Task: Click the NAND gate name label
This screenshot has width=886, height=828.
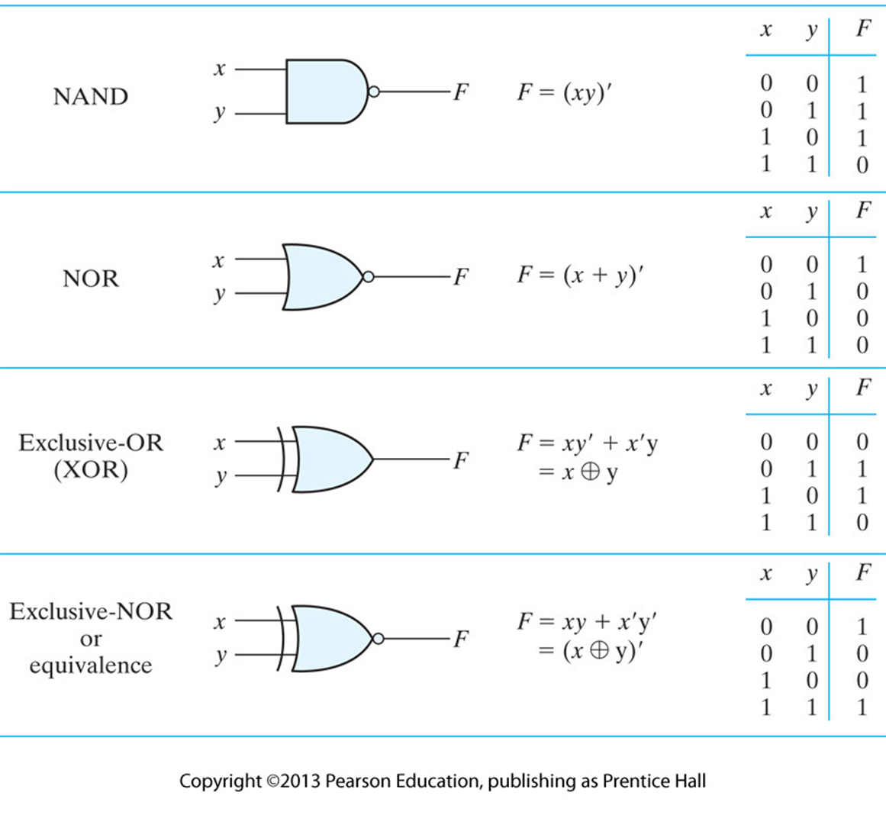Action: pyautogui.click(x=90, y=97)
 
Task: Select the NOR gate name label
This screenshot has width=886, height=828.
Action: pyautogui.click(x=91, y=279)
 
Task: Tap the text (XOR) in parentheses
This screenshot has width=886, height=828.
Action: pyautogui.click(x=90, y=469)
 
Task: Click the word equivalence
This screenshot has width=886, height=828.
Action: pyautogui.click(x=91, y=665)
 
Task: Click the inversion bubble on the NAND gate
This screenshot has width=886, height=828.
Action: pyautogui.click(x=373, y=92)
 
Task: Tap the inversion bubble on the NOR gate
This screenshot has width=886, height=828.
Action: pyautogui.click(x=368, y=277)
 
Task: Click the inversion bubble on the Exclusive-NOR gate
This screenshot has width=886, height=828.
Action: pyautogui.click(x=376, y=639)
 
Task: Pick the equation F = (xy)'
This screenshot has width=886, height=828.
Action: pyautogui.click(x=565, y=93)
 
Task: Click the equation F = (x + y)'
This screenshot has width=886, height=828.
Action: pyautogui.click(x=581, y=275)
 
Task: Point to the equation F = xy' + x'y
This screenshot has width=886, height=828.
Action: pyautogui.click(x=587, y=443)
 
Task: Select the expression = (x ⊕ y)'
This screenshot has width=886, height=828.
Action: pyautogui.click(x=587, y=652)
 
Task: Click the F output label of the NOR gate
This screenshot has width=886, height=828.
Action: pyautogui.click(x=460, y=276)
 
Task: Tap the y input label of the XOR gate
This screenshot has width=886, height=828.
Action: pyautogui.click(x=221, y=478)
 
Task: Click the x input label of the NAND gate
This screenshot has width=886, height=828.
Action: pyautogui.click(x=220, y=69)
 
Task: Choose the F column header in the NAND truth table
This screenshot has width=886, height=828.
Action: pyautogui.click(x=863, y=29)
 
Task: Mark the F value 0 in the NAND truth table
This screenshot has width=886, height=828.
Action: pyautogui.click(x=862, y=165)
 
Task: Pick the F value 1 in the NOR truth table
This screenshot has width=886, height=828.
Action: pyautogui.click(x=862, y=265)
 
